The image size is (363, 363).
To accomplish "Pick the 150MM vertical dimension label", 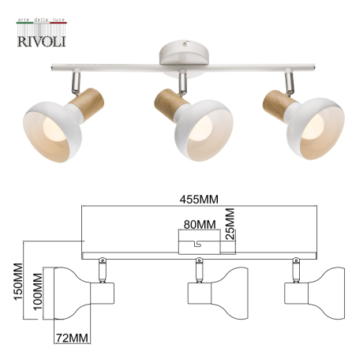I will (x=11, y=290).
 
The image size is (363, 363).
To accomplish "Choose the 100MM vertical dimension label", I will (x=37, y=294).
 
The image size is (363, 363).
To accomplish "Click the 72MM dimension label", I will (x=70, y=338).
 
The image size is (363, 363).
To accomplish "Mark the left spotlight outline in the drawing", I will (x=79, y=294).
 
